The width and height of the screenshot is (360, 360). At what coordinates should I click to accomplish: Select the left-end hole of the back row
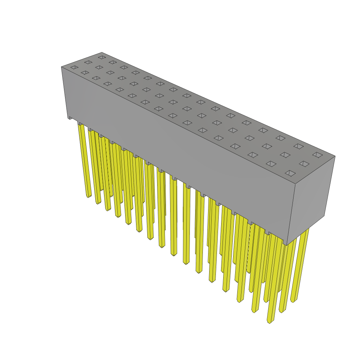click(102, 57)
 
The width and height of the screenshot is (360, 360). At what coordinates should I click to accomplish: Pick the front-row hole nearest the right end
click(290, 173)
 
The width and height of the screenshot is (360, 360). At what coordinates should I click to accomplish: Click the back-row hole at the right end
click(317, 155)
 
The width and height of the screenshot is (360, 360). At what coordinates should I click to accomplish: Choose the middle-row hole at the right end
click(304, 163)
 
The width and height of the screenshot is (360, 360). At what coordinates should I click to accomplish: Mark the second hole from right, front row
click(271, 163)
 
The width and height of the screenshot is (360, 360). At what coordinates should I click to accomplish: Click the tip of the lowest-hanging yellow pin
click(270, 321)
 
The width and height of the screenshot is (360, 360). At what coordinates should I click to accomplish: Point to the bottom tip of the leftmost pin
click(89, 196)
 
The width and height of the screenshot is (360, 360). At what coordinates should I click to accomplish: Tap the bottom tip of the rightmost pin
click(293, 301)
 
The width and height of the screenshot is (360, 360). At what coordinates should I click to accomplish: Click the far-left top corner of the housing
click(62, 67)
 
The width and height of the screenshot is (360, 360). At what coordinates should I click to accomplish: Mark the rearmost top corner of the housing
click(102, 53)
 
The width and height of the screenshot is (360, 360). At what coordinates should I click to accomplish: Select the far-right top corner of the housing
click(335, 156)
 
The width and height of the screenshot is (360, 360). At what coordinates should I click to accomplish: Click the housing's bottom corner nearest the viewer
click(287, 245)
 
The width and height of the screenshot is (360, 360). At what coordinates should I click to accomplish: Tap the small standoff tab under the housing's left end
click(70, 118)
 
